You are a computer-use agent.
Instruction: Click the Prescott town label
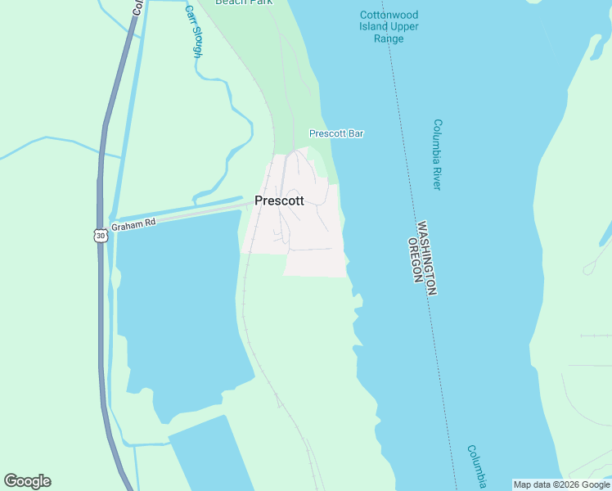(279, 200)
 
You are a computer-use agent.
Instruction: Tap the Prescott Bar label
(335, 133)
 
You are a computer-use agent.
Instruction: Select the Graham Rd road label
(133, 224)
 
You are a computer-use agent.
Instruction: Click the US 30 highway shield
(100, 236)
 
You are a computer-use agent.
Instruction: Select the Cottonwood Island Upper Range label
(389, 27)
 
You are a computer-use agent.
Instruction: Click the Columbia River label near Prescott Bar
(437, 155)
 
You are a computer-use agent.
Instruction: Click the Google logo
(27, 481)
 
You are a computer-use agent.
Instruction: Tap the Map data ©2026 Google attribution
(561, 484)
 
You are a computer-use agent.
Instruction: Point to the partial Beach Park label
(244, 2)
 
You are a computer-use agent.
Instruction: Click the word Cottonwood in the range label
(389, 16)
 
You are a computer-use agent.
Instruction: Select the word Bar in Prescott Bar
(355, 133)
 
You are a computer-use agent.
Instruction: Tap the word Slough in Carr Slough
(196, 42)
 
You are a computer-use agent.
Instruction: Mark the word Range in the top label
(389, 38)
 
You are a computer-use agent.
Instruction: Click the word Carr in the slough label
(189, 14)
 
